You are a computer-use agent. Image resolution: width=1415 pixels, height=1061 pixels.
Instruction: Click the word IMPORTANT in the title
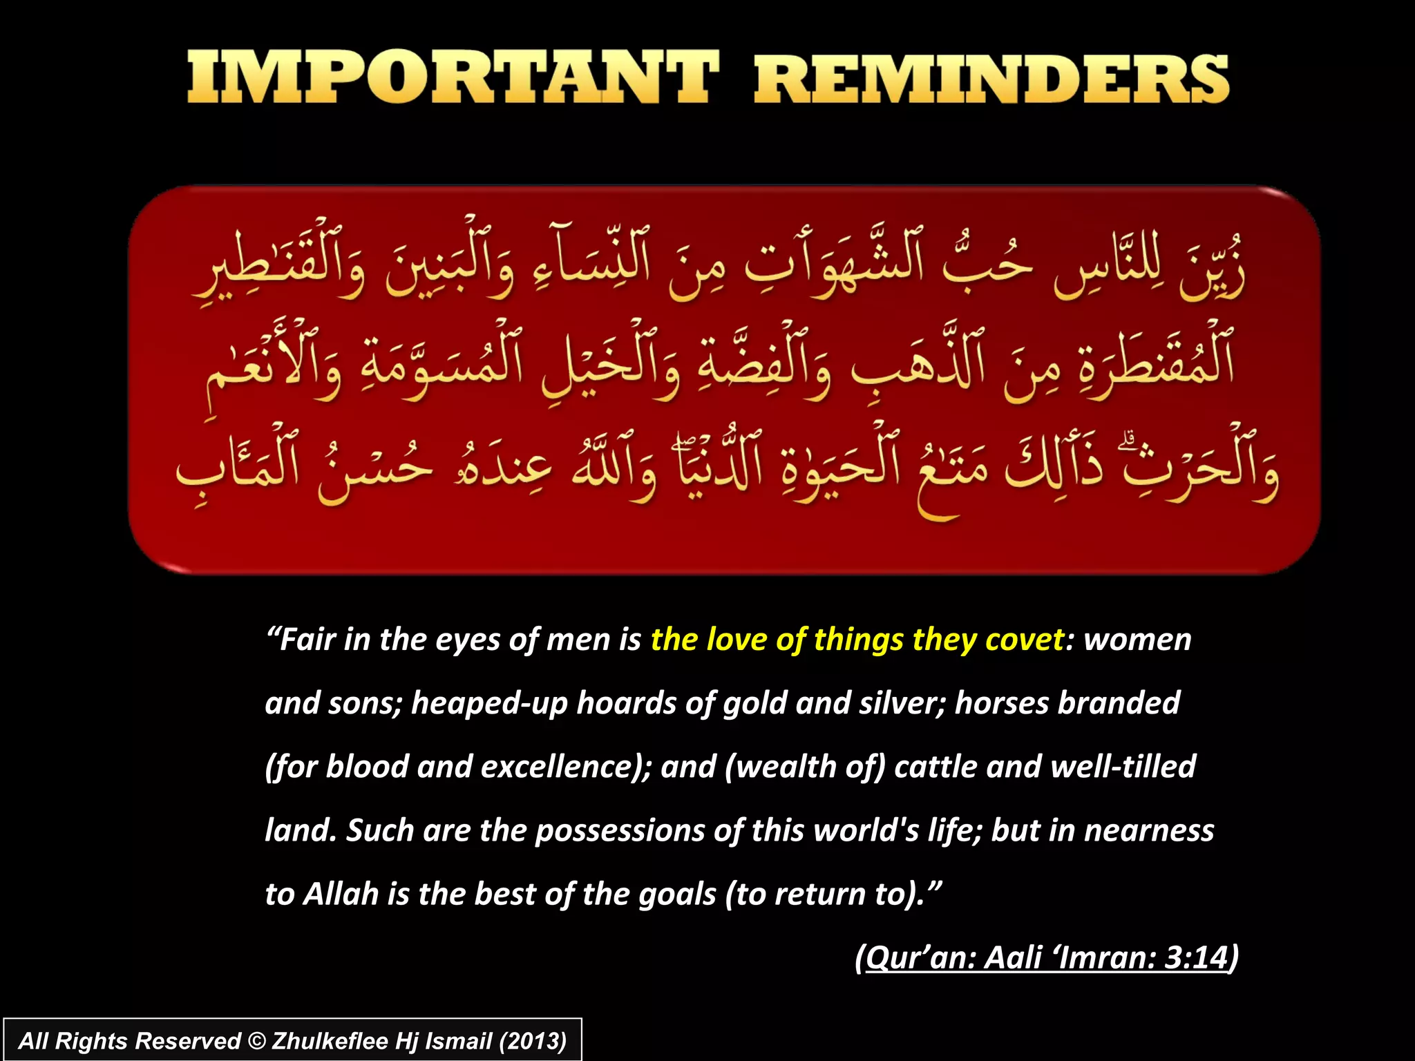(x=453, y=77)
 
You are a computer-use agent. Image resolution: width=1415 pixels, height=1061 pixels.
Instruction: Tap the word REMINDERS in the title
(x=991, y=77)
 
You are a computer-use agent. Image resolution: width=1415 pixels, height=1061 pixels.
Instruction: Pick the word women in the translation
(x=1137, y=640)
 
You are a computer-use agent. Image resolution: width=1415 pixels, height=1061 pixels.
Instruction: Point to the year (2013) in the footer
(x=533, y=1041)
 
